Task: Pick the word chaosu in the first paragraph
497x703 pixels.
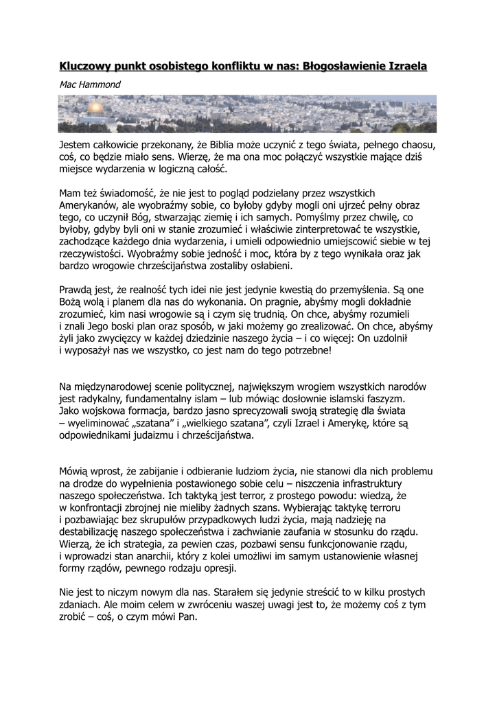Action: [415, 146]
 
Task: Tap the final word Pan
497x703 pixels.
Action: [187, 616]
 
